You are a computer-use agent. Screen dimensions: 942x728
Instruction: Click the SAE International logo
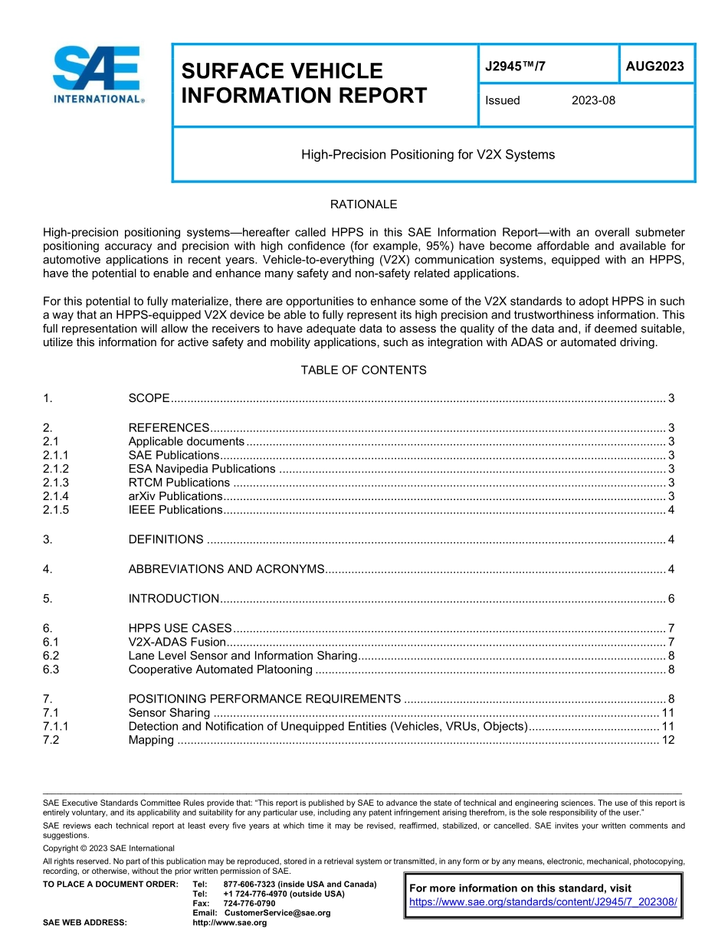coord(97,74)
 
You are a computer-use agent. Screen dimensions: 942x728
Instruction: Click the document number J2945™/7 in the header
coord(515,67)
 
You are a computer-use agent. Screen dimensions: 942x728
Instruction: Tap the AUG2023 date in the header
coord(654,67)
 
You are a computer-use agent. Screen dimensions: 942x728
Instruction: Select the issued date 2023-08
coord(593,100)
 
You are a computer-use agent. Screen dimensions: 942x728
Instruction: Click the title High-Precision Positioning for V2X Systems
coord(428,155)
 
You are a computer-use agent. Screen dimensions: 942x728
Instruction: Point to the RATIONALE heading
coord(363,204)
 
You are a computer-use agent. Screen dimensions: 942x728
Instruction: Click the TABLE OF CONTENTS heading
coord(363,370)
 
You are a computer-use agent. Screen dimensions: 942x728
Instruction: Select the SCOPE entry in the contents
coord(149,398)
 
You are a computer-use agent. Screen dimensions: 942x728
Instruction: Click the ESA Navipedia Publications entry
coord(202,469)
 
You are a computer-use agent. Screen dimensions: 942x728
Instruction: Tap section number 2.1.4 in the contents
coord(56,496)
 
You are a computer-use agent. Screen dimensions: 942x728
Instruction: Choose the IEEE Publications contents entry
coord(175,510)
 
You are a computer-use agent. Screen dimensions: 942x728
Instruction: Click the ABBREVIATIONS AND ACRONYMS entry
coord(226,569)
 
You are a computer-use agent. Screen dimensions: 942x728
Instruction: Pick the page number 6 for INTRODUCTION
coord(671,599)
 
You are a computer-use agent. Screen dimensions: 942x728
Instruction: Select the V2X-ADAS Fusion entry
coord(177,642)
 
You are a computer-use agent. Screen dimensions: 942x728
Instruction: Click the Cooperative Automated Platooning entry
coord(220,670)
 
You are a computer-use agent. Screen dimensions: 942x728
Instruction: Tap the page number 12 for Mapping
coord(667,740)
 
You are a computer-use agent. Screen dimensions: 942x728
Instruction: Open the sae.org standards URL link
coord(543,902)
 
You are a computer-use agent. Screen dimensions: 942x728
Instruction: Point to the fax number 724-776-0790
coord(249,904)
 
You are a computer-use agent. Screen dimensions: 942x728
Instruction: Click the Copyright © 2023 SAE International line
coord(109,848)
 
